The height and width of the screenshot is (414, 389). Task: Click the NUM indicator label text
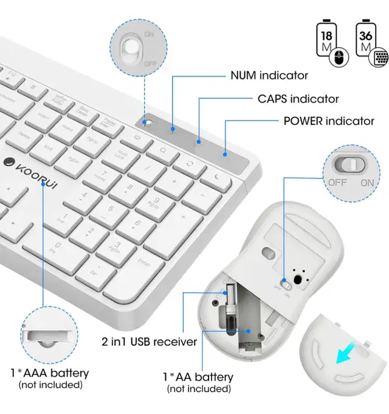(269, 75)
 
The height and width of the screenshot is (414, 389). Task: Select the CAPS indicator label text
(298, 98)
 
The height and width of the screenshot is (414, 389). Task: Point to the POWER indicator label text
(329, 121)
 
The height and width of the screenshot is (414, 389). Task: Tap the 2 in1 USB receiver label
(150, 342)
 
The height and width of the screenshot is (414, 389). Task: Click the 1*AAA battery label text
(50, 373)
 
